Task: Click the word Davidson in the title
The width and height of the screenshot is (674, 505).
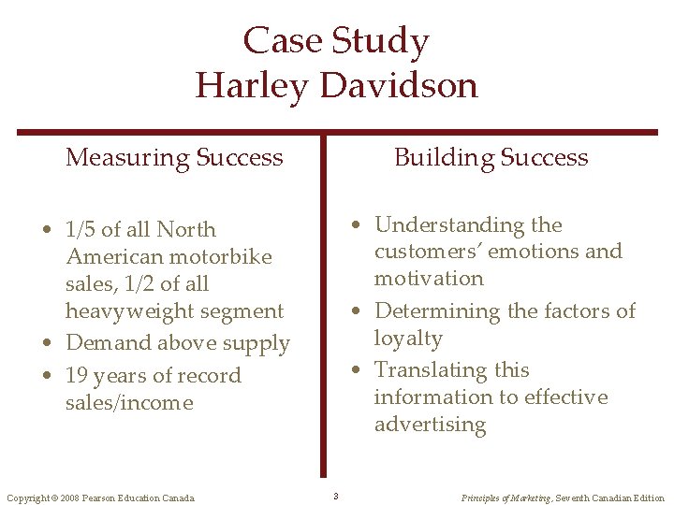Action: point(399,85)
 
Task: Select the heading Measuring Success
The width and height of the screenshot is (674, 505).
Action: point(174,157)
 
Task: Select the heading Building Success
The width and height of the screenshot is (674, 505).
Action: point(491,157)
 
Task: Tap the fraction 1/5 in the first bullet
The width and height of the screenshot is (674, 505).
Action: point(81,229)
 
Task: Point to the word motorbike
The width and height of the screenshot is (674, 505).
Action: point(222,256)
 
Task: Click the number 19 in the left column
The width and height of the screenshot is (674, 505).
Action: point(77,376)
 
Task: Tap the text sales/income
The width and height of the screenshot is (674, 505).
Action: point(129,403)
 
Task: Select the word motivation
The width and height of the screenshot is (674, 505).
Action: point(429,278)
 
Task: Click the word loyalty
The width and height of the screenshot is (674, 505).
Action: point(408,338)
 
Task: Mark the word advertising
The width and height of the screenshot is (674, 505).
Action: point(431,425)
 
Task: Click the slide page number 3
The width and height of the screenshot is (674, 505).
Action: point(335,496)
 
